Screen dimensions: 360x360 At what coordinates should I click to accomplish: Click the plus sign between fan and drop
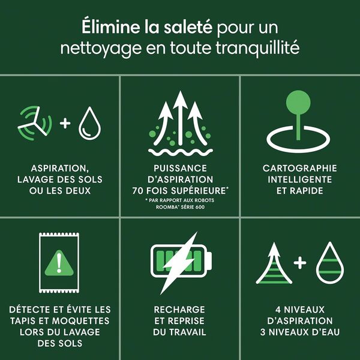coord(65,123)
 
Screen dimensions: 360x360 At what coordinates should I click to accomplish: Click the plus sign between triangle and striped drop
coord(300,263)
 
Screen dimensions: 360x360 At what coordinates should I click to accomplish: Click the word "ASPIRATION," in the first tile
coord(59,169)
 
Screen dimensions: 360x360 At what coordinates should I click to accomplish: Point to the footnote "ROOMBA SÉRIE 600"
coord(180,209)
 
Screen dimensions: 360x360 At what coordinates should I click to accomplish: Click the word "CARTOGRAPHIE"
coord(300,169)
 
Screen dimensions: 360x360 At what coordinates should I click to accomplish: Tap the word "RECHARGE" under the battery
coord(180,310)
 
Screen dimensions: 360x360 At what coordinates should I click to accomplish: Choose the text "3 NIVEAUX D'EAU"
coord(300,332)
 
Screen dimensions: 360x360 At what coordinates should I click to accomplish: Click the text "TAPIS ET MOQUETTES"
coord(59,320)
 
